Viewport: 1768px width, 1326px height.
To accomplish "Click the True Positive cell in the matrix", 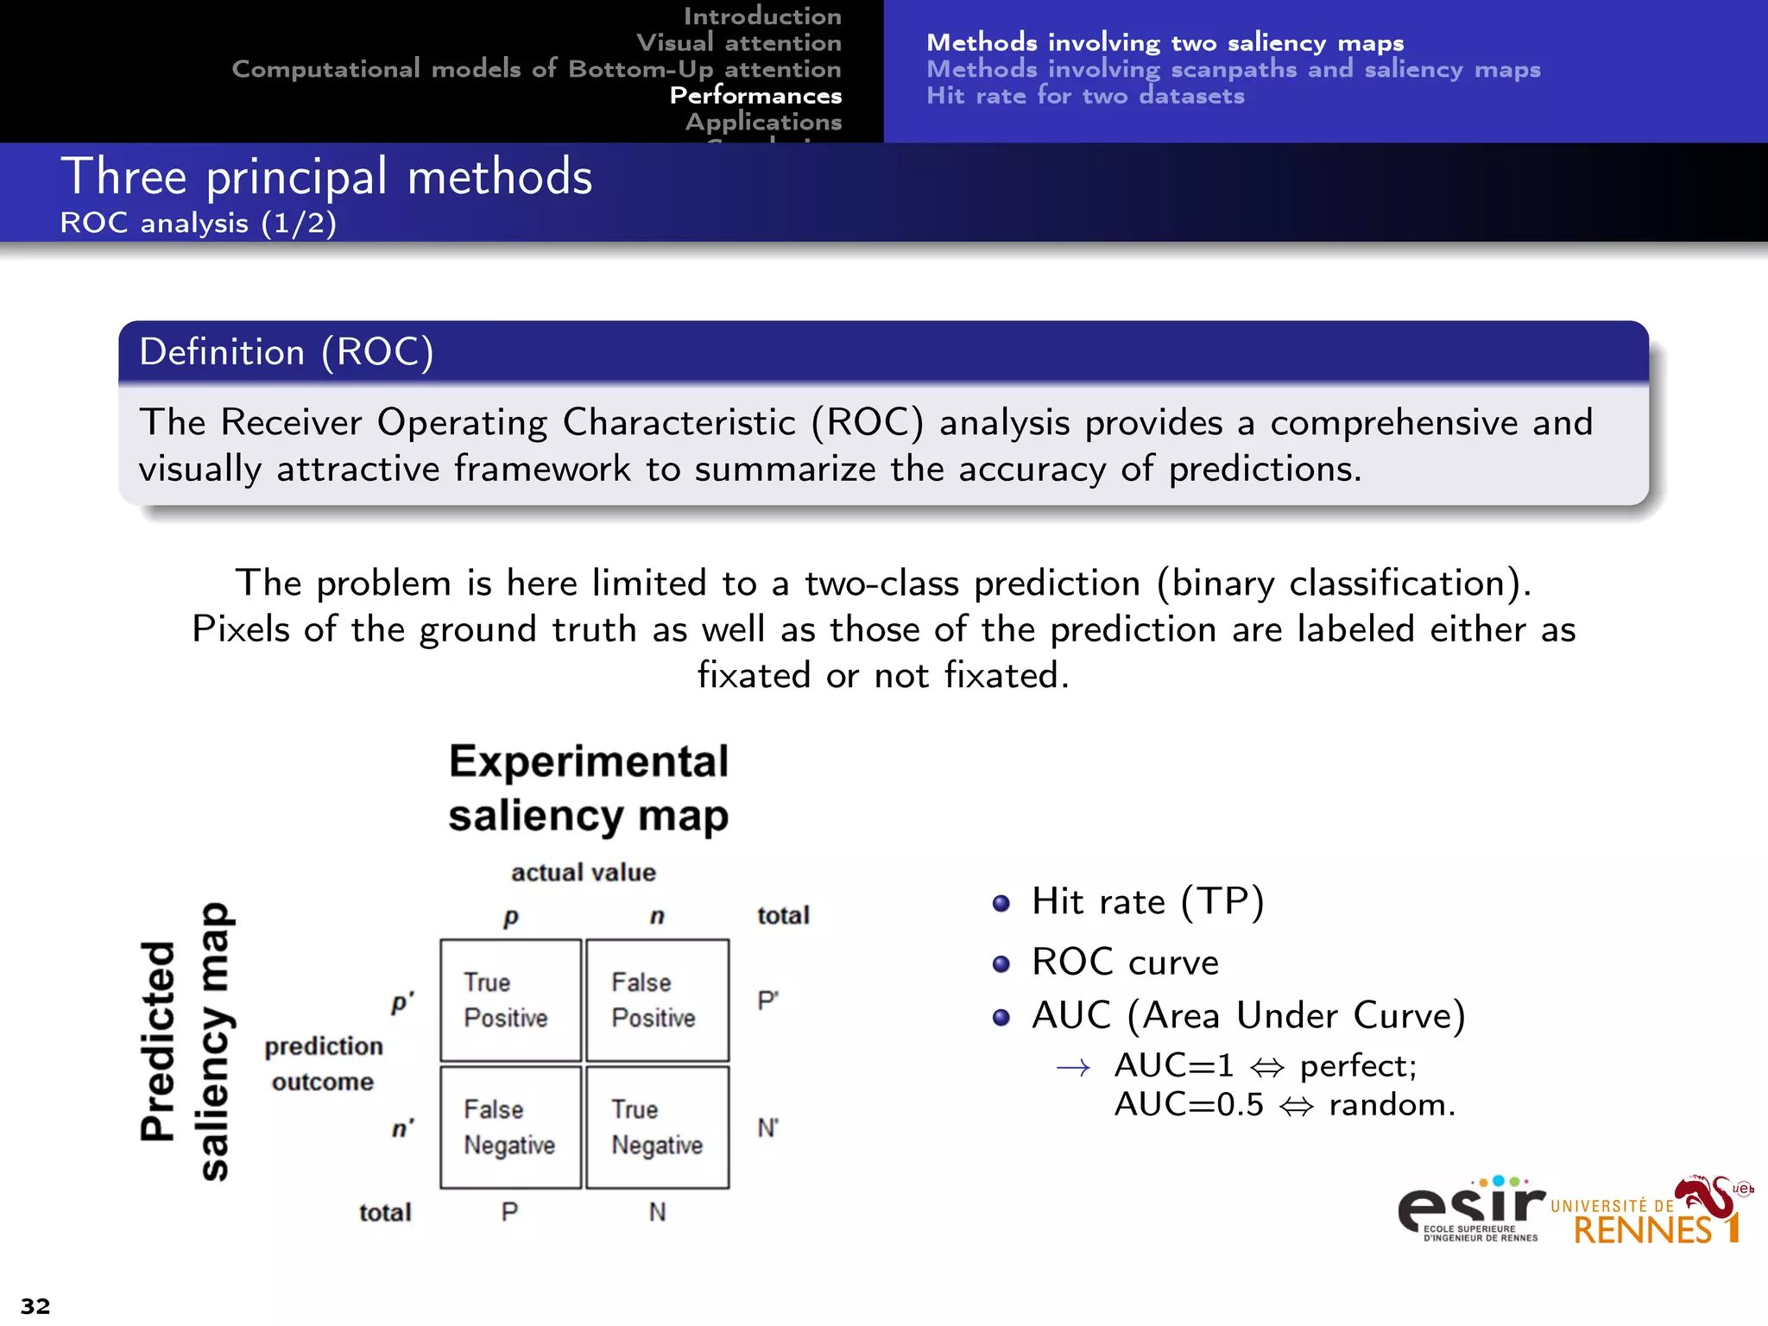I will click(510, 1000).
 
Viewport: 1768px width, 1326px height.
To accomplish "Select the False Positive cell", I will click(657, 1000).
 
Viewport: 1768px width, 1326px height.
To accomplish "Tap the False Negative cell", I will click(510, 1127).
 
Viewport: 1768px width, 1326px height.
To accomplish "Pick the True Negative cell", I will click(657, 1127).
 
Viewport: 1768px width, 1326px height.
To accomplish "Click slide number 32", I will click(35, 1305).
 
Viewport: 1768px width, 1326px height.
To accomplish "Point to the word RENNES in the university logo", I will click(1642, 1230).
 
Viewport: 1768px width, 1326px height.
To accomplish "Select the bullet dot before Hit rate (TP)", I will click(1001, 904).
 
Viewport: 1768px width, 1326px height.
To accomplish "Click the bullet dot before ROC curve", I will click(1001, 964).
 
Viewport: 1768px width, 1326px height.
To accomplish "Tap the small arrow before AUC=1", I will click(1073, 1069).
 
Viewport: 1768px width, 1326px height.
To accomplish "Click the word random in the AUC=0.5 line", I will click(1391, 1105).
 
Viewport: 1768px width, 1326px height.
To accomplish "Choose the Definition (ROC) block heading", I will click(287, 352).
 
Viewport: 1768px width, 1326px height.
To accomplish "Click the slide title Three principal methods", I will click(326, 177).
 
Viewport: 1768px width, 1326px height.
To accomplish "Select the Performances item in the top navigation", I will click(755, 95).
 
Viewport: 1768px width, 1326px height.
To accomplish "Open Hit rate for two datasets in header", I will click(1085, 96).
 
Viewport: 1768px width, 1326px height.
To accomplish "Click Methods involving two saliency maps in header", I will click(1165, 42).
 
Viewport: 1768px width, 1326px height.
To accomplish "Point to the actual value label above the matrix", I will click(584, 873).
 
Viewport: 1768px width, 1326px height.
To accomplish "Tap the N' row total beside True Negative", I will click(767, 1127).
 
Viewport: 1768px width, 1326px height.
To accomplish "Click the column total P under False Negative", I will click(509, 1212).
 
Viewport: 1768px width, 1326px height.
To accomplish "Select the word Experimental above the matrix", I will click(589, 762).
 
